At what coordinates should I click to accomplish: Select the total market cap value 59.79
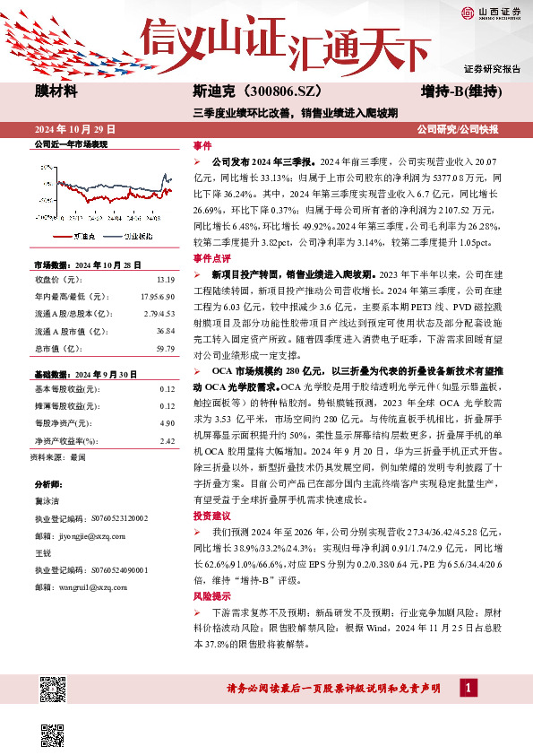click(167, 348)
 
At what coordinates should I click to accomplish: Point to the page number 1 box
click(467, 688)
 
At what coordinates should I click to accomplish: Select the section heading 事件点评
click(211, 257)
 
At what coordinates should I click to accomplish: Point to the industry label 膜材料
click(56, 91)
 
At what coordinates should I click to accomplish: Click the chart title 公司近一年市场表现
click(70, 144)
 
